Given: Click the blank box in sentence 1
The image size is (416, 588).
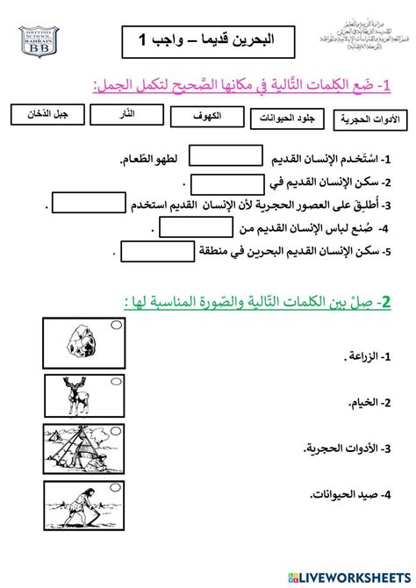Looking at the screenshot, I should coord(226,157).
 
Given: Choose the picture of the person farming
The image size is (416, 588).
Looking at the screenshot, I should coord(83,506).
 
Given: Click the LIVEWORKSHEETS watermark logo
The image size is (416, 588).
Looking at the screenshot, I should coord(352,575).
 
